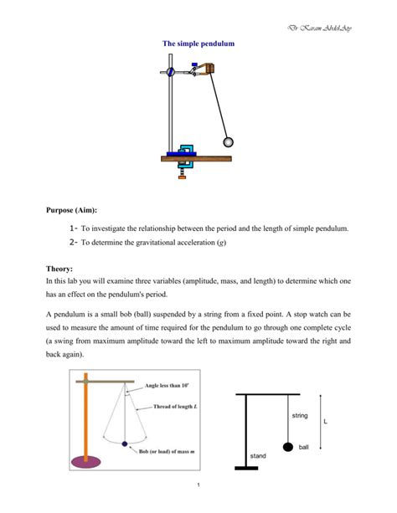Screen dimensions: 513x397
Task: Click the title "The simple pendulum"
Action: tap(198, 44)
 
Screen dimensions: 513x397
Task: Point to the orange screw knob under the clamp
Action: tap(181, 176)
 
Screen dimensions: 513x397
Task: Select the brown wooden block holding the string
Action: tap(204, 72)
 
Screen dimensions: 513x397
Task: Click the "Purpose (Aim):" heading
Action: tap(78, 211)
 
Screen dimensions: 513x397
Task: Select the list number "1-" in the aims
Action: tap(74, 228)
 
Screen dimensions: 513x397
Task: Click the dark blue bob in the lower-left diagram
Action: tap(125, 444)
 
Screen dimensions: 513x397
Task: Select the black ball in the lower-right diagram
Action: tap(289, 448)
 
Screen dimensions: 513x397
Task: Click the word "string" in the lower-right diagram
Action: tap(300, 416)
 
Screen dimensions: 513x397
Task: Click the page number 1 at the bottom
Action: tap(198, 485)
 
